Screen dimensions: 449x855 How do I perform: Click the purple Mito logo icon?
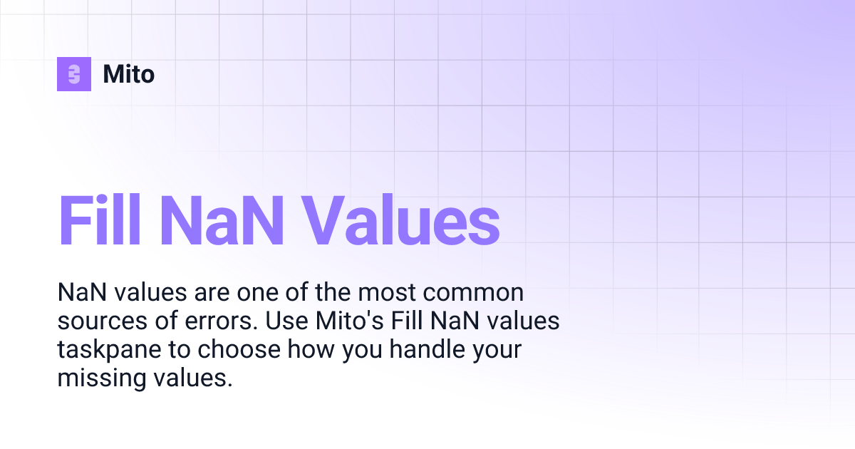[x=74, y=74]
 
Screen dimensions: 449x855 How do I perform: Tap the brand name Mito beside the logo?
[x=129, y=74]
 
